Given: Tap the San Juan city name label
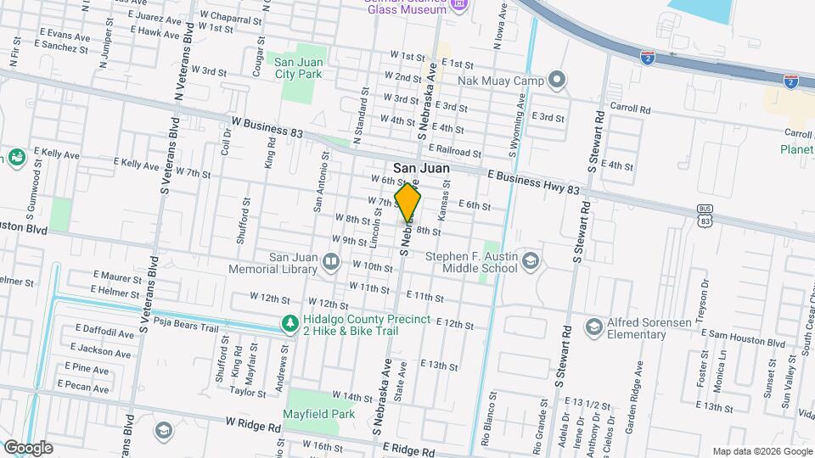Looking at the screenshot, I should point(421,169).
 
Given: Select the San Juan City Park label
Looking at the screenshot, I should point(297,67).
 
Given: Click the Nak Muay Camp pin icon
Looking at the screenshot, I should point(557,81).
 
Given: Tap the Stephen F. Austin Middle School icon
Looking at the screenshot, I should point(531,260).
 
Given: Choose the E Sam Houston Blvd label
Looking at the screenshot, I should point(742,342).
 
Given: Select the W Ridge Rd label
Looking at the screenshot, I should point(253,422).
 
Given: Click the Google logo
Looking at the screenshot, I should point(27,447).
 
